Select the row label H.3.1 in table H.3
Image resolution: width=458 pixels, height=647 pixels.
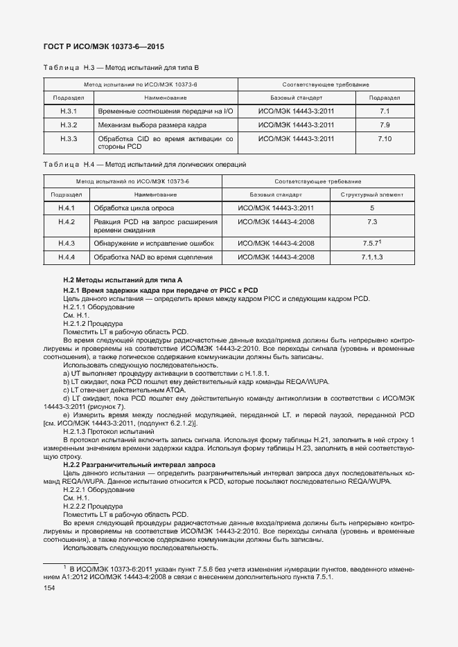[x=68, y=111]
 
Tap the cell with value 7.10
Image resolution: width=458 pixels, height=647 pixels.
[x=385, y=139]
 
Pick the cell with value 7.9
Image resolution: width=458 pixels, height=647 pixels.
[x=385, y=125]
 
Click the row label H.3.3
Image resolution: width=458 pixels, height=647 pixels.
[x=68, y=139]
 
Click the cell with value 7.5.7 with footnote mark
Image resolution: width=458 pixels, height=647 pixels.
[x=372, y=243]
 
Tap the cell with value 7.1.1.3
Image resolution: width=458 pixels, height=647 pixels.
[x=372, y=257]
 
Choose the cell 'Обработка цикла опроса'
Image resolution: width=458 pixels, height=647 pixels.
[x=134, y=208]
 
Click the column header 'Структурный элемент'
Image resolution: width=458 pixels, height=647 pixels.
[x=372, y=194]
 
